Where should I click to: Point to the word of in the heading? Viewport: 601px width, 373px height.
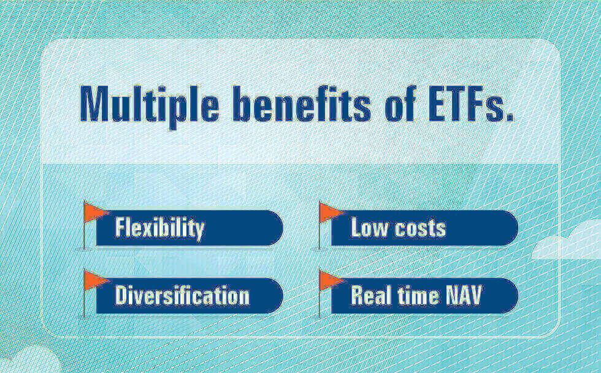[x=400, y=104]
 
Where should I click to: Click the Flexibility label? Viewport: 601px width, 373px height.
[x=159, y=228]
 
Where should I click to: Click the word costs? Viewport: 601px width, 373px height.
[x=421, y=228]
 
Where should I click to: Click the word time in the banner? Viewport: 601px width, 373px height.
[x=418, y=295]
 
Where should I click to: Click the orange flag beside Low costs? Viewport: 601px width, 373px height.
[x=331, y=212]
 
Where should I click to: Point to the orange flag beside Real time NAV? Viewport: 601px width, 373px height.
[x=331, y=281]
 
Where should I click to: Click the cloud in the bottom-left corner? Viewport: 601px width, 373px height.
[x=29, y=360]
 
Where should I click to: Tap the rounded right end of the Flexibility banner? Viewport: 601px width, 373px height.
[x=275, y=227]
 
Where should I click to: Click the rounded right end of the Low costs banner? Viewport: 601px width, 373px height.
[x=510, y=227]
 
